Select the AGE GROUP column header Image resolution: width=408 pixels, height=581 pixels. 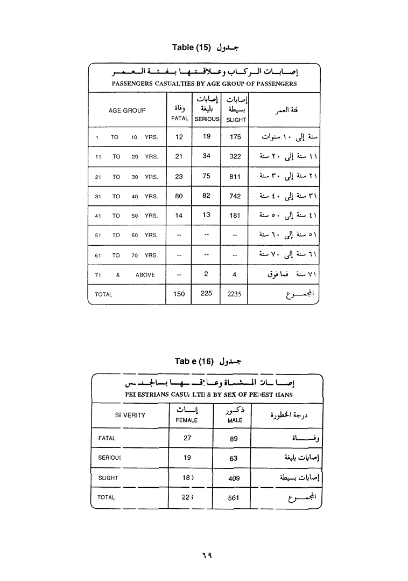[x=127, y=110]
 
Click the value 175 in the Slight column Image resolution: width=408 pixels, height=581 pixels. [x=235, y=137]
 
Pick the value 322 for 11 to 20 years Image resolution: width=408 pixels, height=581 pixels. [x=235, y=156]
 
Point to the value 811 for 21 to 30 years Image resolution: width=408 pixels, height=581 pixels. [x=235, y=176]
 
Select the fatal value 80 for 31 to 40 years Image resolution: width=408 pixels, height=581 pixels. [x=179, y=196]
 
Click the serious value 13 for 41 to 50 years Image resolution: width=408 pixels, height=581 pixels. [x=207, y=215]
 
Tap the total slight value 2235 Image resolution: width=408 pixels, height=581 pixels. [x=235, y=294]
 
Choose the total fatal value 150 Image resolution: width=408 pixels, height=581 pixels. [x=179, y=294]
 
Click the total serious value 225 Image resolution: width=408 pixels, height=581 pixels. [x=207, y=294]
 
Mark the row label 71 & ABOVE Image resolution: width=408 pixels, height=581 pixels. [x=125, y=275]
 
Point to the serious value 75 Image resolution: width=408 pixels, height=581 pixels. [x=207, y=176]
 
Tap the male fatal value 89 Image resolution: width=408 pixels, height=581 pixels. [x=234, y=439]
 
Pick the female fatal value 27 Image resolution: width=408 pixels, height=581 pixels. [x=187, y=438]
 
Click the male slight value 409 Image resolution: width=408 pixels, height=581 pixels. [x=234, y=478]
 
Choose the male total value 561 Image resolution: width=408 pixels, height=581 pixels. [x=234, y=498]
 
